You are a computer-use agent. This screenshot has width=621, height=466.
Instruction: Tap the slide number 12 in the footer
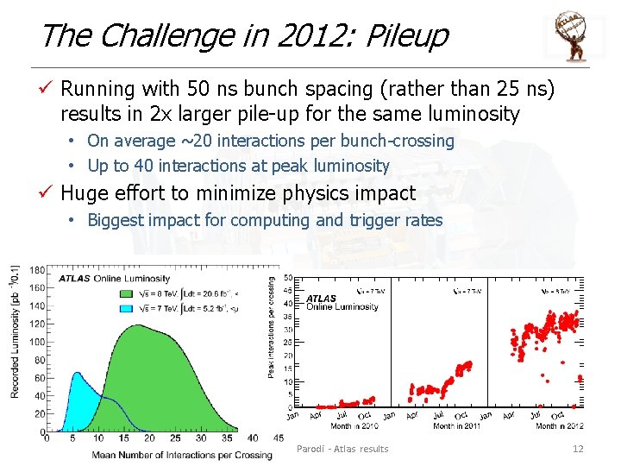(x=578, y=448)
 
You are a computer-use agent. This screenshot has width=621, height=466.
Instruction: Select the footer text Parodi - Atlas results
(x=342, y=448)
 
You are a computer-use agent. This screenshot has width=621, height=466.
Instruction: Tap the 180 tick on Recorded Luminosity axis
(x=38, y=270)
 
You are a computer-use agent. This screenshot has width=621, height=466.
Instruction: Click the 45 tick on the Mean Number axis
(x=278, y=438)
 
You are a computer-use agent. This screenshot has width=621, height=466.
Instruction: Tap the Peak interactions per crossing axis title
(x=273, y=326)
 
